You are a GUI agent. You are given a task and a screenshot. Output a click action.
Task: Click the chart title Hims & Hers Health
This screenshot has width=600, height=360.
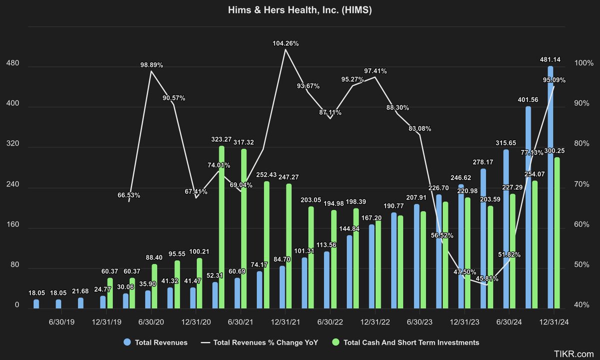tap(300, 10)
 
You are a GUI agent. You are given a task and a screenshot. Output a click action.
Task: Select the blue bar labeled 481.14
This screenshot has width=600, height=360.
tap(550, 187)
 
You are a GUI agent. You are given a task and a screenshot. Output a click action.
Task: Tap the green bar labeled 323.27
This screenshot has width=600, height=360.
tap(221, 227)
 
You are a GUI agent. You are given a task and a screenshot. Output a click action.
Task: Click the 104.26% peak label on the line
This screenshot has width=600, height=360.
tap(286, 43)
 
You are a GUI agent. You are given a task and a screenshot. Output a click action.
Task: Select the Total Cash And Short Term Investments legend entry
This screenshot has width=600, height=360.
tap(404, 342)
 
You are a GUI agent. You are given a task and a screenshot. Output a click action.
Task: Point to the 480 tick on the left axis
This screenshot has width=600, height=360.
tap(12, 64)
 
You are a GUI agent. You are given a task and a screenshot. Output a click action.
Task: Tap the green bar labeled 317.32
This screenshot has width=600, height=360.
tap(244, 228)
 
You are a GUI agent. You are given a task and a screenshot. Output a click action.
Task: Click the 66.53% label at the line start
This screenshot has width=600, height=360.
tap(129, 195)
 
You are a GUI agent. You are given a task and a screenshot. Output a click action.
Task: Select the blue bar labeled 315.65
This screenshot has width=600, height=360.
tap(505, 228)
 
